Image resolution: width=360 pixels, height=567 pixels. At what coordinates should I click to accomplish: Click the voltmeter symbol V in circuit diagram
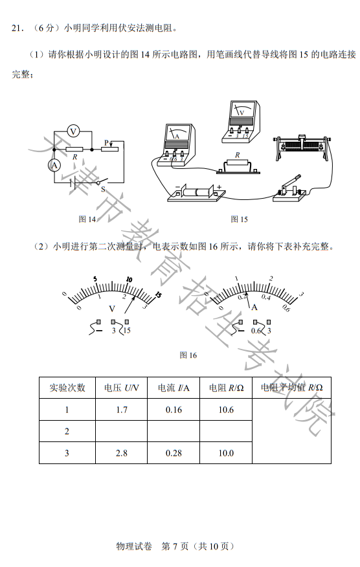coord(74,131)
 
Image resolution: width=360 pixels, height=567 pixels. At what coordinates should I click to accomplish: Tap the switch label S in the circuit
coord(102,190)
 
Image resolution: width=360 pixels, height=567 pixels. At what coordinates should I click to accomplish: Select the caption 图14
coord(87,219)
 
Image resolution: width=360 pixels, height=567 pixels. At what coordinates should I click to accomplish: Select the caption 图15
coord(240,219)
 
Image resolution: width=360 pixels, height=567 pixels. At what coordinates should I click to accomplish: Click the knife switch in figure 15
coord(290,188)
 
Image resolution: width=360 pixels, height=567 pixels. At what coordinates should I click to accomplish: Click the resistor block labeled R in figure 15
coord(238,165)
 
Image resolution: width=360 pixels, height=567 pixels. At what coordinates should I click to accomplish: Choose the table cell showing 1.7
coord(121,410)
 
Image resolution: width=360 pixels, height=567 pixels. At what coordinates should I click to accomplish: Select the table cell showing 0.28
coord(174,453)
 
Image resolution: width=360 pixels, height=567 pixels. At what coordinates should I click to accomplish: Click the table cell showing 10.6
coord(225,410)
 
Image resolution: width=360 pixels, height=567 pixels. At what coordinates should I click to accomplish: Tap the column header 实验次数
coord(67,388)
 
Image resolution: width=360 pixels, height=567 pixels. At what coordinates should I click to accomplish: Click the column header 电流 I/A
coord(174,388)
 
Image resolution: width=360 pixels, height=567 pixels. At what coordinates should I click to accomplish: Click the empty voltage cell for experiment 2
coord(121,431)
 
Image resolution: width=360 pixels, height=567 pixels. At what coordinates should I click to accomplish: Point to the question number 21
coord(17,28)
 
